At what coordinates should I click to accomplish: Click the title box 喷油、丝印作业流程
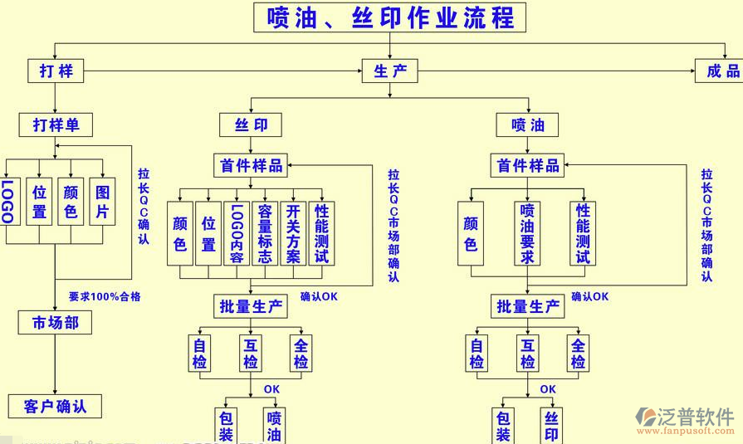[389, 17]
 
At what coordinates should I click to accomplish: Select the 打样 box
[56, 71]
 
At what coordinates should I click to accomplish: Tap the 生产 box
[389, 71]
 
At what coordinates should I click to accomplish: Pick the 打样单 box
[56, 125]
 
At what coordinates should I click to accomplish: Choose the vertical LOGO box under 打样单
[7, 201]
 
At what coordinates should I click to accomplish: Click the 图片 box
[101, 201]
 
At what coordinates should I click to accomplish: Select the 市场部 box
[55, 322]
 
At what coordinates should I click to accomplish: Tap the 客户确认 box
[55, 406]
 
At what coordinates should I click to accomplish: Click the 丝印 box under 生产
[251, 125]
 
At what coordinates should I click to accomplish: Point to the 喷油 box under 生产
[528, 125]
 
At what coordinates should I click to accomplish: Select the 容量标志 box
[265, 233]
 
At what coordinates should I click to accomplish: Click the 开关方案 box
[293, 233]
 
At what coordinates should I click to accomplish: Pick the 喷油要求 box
[527, 233]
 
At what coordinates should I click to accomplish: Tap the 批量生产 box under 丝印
[251, 306]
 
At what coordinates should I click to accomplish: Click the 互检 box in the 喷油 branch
[527, 353]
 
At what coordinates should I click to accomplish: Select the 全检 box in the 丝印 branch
[301, 353]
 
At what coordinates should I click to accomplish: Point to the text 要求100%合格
[104, 296]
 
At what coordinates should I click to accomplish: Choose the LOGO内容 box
[237, 233]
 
